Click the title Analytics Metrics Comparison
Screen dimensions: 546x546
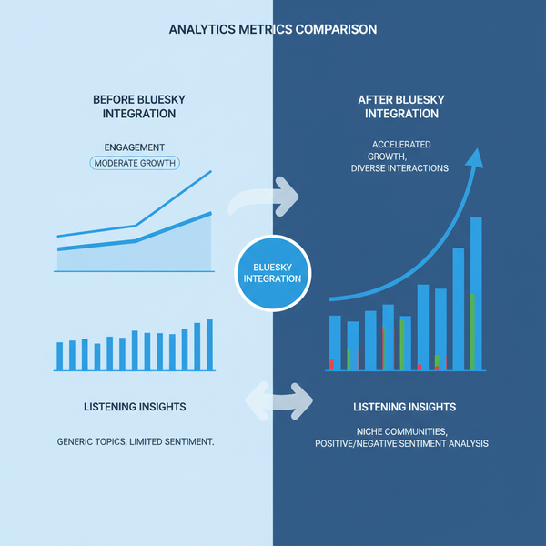tap(273, 29)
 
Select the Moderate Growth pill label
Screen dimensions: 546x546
tap(135, 163)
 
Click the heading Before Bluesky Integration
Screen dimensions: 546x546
tap(135, 106)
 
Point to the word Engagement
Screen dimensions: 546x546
tap(135, 147)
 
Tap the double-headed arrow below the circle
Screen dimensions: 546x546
tap(278, 398)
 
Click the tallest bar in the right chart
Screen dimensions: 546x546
tap(475, 293)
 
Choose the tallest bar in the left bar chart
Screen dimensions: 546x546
tap(209, 345)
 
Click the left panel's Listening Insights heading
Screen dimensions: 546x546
tap(135, 406)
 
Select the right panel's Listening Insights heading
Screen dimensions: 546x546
tap(404, 406)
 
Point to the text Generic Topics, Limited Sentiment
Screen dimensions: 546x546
tap(136, 441)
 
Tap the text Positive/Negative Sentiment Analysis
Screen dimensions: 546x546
tap(401, 443)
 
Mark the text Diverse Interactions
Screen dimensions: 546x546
tap(399, 168)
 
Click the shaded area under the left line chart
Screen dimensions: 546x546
tap(146, 255)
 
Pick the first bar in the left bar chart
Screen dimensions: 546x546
tap(60, 356)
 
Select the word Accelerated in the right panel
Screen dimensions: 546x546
tap(401, 145)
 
